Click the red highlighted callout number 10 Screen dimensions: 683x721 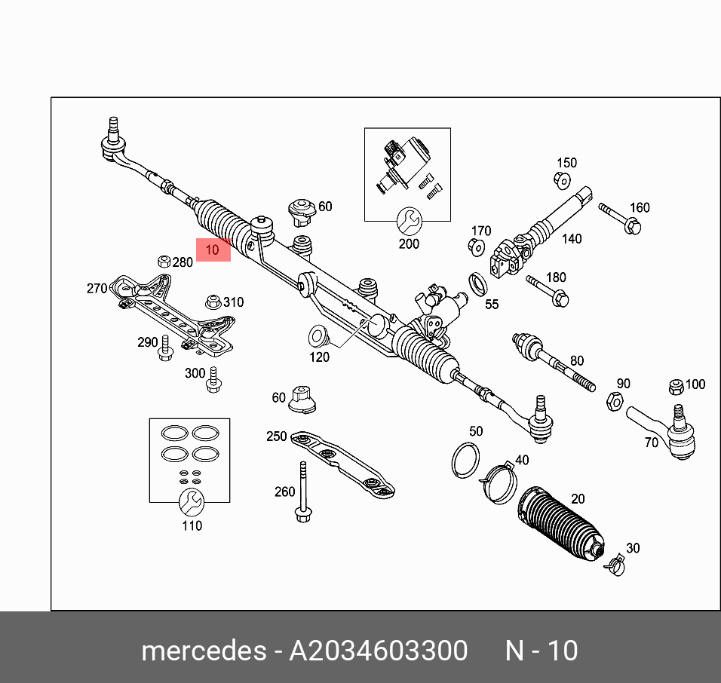coord(213,250)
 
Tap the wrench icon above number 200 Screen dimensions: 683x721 coord(408,220)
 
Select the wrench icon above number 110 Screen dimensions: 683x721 coord(191,500)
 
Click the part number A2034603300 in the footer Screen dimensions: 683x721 coord(379,651)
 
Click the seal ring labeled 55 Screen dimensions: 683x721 coord(477,285)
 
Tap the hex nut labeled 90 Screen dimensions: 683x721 coord(614,402)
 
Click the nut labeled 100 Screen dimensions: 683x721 coord(677,387)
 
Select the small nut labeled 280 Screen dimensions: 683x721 coord(164,262)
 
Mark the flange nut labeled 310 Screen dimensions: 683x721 coord(213,302)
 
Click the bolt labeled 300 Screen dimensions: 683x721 coord(213,380)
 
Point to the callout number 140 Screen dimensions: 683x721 coord(572,239)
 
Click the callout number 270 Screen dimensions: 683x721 coord(97,288)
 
